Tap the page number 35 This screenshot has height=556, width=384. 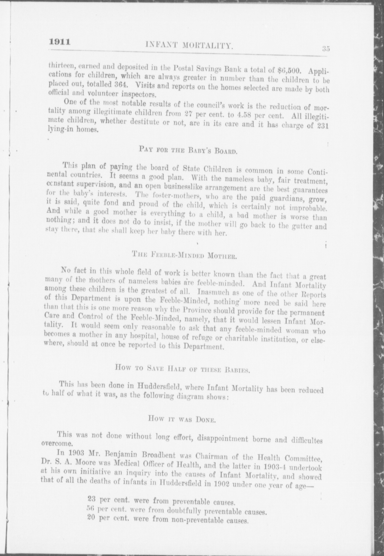[x=326, y=49]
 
